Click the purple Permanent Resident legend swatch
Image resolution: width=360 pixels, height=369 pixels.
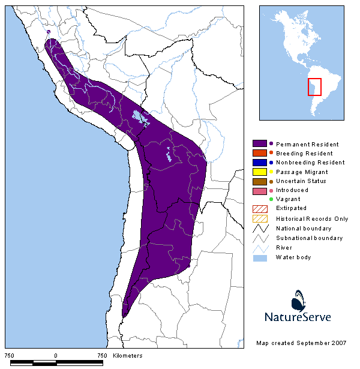pos(260,144)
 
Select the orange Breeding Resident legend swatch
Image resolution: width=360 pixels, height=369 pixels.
pos(260,153)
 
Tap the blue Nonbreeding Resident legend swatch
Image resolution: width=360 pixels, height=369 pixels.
pos(260,162)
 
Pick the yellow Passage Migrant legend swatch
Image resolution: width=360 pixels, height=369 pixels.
pos(260,172)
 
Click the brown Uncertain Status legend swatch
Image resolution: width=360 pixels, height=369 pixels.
pos(260,181)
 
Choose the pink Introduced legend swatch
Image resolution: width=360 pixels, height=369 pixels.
pos(260,190)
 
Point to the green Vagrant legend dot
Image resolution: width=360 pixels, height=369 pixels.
pos(271,199)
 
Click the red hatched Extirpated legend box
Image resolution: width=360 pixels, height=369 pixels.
pos(260,208)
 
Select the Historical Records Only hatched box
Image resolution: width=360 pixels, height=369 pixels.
pos(260,218)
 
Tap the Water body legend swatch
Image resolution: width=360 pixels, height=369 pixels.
pos(260,257)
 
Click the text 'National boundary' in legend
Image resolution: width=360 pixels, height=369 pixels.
pos(304,228)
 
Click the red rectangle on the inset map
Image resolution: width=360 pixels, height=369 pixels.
pos(315,87)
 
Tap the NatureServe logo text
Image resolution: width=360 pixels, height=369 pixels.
pos(298,317)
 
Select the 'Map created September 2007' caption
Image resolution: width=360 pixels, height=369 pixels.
pos(302,343)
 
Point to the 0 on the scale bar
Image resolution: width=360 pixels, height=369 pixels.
pos(56,356)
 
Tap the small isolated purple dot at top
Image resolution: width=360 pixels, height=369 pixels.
pos(48,32)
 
